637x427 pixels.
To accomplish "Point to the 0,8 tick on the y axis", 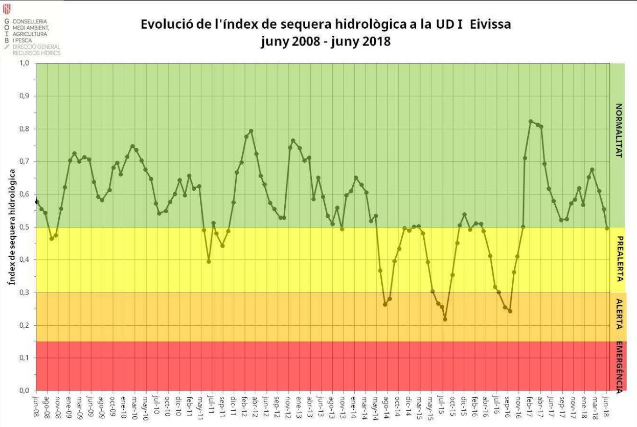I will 24,129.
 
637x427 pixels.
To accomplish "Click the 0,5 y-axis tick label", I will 24,227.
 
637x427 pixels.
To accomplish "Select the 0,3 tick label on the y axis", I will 24,293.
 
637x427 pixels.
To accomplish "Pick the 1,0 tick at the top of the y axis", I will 24,63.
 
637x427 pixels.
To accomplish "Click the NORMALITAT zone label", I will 619,130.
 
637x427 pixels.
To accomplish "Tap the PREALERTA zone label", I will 619,259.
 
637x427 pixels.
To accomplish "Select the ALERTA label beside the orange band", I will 619,313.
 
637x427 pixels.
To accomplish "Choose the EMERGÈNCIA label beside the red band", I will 619,367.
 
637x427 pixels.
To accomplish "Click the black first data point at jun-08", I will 37,202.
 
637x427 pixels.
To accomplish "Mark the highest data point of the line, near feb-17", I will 531,121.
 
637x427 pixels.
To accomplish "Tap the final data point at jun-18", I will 607,228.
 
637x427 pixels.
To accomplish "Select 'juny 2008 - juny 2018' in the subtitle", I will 326,41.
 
